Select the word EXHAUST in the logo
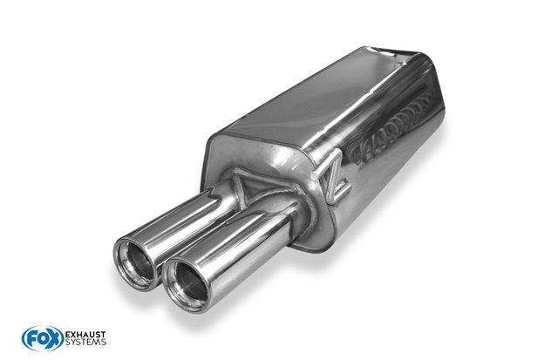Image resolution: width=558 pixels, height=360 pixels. (x=85, y=335)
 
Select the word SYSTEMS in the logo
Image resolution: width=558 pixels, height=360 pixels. (x=85, y=342)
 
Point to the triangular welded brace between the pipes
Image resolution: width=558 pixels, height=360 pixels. (x=246, y=187)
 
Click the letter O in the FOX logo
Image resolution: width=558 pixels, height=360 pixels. (x=43, y=338)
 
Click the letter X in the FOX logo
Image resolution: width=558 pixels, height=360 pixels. (x=55, y=338)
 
